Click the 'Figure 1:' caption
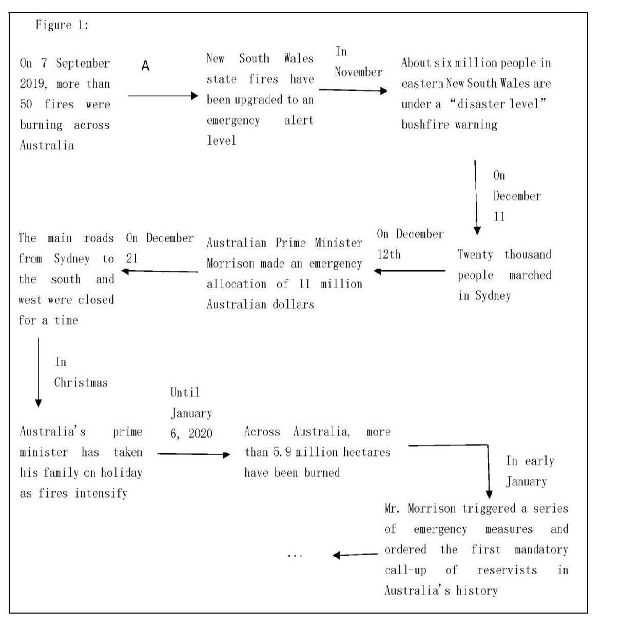pyautogui.click(x=62, y=25)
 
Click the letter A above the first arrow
pyautogui.click(x=145, y=66)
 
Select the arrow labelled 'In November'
pyautogui.click(x=353, y=91)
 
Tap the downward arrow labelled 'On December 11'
pyautogui.click(x=476, y=197)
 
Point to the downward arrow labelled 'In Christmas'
pyautogui.click(x=38, y=372)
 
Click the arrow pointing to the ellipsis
pyautogui.click(x=356, y=555)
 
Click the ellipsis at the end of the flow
pyautogui.click(x=295, y=555)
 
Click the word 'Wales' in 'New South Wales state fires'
pyautogui.click(x=299, y=58)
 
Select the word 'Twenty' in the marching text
pyautogui.click(x=475, y=255)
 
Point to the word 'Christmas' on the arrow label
pyautogui.click(x=81, y=383)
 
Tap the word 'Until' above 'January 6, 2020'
pyautogui.click(x=185, y=393)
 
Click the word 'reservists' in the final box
pyautogui.click(x=507, y=570)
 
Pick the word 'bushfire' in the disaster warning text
pyautogui.click(x=424, y=125)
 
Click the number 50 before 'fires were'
pyautogui.click(x=26, y=105)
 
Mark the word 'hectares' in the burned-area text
pyautogui.click(x=366, y=452)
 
